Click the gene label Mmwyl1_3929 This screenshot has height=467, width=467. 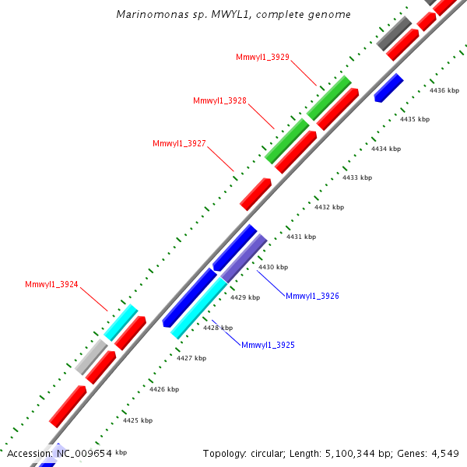(263, 57)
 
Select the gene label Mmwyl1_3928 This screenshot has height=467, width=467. (220, 100)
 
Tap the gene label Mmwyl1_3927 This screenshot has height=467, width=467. (180, 143)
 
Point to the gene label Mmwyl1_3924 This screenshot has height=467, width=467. (51, 284)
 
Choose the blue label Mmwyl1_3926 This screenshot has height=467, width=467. (312, 296)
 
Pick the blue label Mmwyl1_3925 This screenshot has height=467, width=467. (268, 345)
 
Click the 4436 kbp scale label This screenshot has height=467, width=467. (444, 90)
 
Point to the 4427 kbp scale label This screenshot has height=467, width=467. (191, 358)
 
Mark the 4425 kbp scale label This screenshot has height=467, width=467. (138, 420)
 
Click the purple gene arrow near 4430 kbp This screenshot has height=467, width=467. (244, 258)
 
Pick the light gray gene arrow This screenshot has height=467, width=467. (91, 357)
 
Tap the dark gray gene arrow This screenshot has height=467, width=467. (395, 33)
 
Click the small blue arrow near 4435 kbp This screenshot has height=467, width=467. (388, 88)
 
